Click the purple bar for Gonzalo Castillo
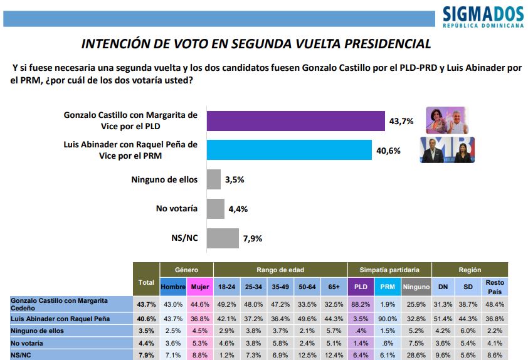(x=295, y=120)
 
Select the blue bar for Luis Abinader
(x=289, y=149)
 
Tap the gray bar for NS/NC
(x=223, y=238)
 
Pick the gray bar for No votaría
(x=215, y=209)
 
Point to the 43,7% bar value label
(x=401, y=121)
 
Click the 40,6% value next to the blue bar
(x=389, y=150)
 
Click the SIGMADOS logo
(x=483, y=16)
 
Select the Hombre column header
(x=173, y=287)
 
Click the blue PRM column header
(x=388, y=287)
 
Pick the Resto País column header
(x=494, y=287)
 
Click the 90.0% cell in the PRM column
(x=388, y=319)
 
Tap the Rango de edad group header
(x=280, y=270)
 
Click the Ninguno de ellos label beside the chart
(x=164, y=179)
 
